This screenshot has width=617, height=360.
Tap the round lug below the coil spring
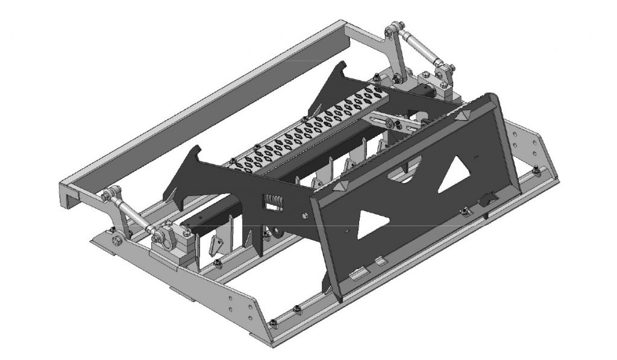pyautogui.click(x=275, y=231)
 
